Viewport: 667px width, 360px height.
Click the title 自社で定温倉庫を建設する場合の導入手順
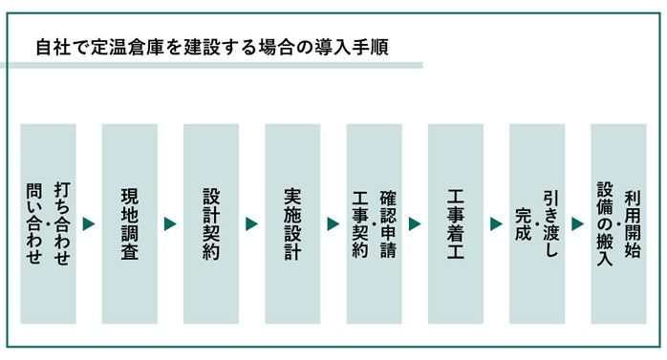211,45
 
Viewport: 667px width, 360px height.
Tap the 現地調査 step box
129,223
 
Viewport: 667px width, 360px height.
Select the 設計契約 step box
211,223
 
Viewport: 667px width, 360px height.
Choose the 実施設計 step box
292,223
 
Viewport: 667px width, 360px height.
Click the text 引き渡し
549,212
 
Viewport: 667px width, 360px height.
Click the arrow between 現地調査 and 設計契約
170,224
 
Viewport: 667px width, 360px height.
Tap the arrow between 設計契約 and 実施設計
251,224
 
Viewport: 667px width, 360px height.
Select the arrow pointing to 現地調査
89,224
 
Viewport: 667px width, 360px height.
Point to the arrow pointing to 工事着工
415,224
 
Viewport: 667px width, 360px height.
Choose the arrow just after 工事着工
496,224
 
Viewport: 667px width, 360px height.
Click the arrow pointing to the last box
577,224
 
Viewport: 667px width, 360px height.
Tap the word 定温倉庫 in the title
132,45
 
